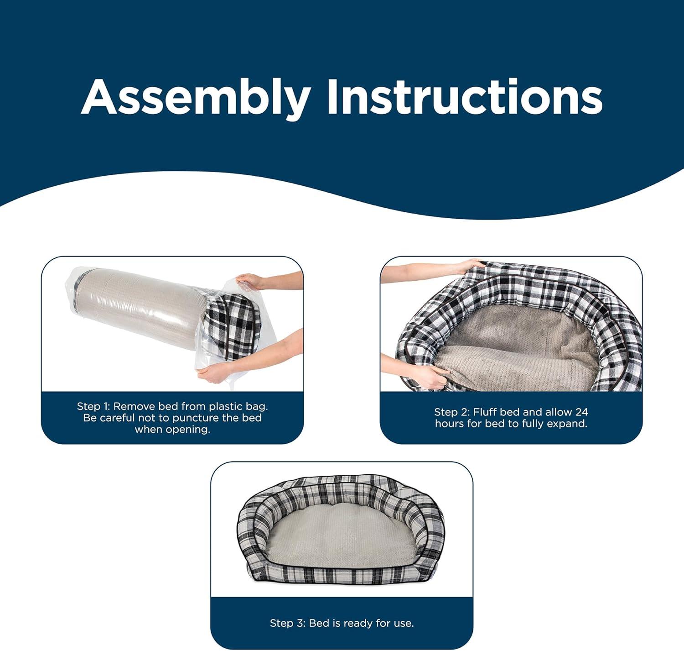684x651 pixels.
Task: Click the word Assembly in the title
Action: coord(196,99)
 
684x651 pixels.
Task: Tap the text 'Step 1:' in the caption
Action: coord(93,406)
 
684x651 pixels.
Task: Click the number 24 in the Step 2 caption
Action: coord(581,412)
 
